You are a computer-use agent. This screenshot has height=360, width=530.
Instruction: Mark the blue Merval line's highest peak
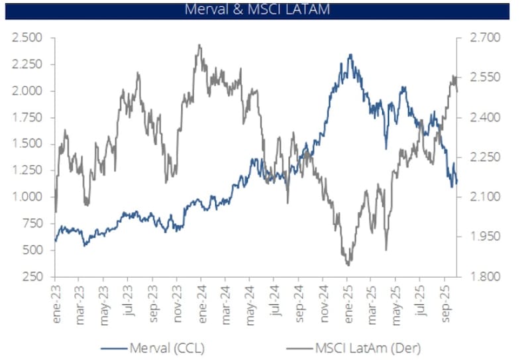(x=350, y=55)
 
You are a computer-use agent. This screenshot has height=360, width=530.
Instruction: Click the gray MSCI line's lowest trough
(x=348, y=265)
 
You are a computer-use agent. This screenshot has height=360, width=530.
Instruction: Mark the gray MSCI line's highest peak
(x=199, y=45)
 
